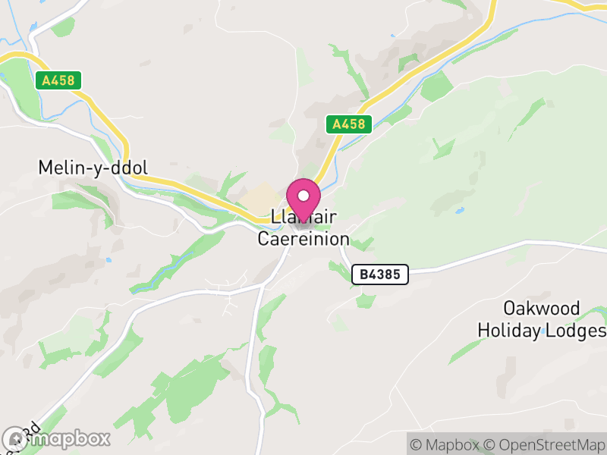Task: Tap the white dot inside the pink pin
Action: point(303,196)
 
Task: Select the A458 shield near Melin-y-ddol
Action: point(58,80)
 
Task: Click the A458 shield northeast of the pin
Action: point(349,124)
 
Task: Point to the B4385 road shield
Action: point(380,275)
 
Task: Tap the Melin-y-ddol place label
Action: point(93,168)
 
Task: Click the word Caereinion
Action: point(303,240)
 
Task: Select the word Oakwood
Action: point(542,309)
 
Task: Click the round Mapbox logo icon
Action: point(14,439)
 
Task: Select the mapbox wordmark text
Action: point(68,439)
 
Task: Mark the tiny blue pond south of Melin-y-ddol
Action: point(109,260)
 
